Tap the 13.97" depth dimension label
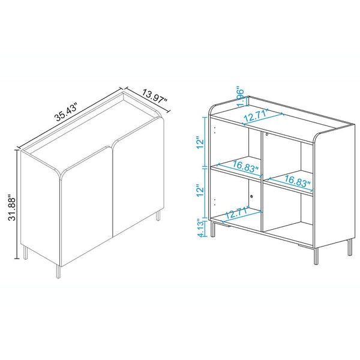click(155, 97)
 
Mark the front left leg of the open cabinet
click(212, 230)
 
